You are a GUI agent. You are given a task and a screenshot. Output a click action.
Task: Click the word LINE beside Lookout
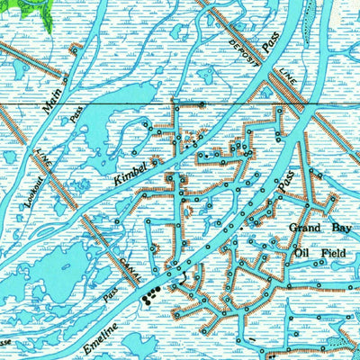[41, 159]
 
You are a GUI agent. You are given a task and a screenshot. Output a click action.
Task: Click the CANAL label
[127, 262]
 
